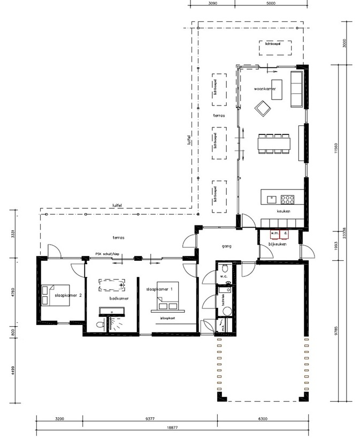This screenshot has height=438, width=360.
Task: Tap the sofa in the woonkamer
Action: [296, 88]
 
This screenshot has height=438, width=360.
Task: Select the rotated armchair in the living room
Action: [264, 110]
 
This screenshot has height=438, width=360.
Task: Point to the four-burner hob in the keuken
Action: [288, 200]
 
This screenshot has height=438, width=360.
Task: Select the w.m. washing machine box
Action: [274, 233]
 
